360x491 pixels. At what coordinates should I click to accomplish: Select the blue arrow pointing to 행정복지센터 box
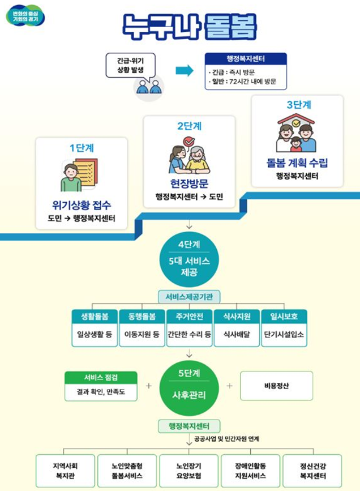[185, 71]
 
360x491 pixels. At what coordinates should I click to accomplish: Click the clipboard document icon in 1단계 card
[80, 175]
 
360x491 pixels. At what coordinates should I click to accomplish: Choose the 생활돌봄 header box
[94, 316]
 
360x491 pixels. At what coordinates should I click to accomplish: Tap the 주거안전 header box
[189, 316]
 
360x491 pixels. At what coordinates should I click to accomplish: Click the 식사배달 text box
[237, 334]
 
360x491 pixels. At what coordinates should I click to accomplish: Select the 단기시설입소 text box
[284, 334]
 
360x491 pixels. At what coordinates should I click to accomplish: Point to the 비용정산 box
[276, 386]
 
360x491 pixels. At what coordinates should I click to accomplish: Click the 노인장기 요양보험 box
[189, 471]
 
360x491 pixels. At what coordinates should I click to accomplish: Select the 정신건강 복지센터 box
[312, 471]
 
